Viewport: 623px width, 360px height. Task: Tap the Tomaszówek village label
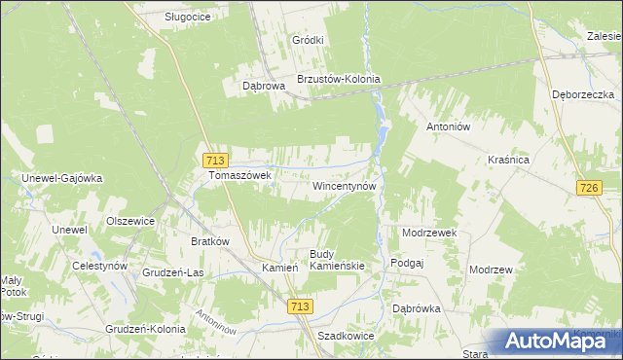pyautogui.click(x=239, y=176)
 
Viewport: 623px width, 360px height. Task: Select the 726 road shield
pyautogui.click(x=588, y=187)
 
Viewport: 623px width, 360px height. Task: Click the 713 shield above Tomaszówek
pyautogui.click(x=215, y=160)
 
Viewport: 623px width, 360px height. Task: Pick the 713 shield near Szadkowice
pyautogui.click(x=300, y=306)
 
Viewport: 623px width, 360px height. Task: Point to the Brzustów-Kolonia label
pyautogui.click(x=338, y=80)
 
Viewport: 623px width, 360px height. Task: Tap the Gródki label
pyautogui.click(x=308, y=40)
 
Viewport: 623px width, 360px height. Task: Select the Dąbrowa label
pyautogui.click(x=263, y=86)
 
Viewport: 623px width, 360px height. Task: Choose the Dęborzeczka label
pyautogui.click(x=582, y=94)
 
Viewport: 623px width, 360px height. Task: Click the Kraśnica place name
pyautogui.click(x=507, y=159)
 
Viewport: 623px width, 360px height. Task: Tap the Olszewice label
pyautogui.click(x=130, y=221)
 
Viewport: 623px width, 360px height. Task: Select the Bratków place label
pyautogui.click(x=209, y=240)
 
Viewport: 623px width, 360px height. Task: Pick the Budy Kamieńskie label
pyautogui.click(x=337, y=260)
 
